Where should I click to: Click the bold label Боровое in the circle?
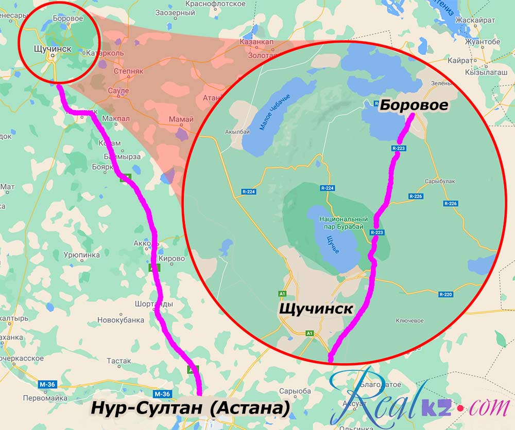tap(414, 106)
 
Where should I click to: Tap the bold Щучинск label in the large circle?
tap(316, 309)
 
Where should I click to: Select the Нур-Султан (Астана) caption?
tap(190, 408)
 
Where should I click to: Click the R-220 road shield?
tap(445, 294)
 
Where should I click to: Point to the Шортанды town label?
tap(153, 303)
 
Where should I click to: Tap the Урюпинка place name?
tap(81, 255)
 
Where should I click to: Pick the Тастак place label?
tap(119, 361)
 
